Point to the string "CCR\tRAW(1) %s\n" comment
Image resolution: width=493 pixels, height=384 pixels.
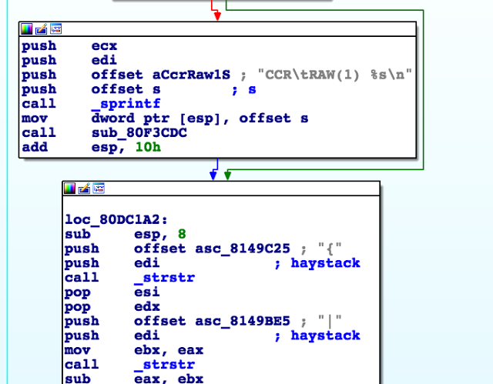click(x=337, y=75)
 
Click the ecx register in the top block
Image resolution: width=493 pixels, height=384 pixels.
click(x=104, y=46)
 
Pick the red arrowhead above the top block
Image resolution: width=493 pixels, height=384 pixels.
click(x=216, y=14)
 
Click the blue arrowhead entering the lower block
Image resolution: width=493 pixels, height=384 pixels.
click(x=213, y=175)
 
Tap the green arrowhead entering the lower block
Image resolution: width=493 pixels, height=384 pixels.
click(x=226, y=175)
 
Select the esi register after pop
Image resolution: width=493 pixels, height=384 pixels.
click(x=145, y=292)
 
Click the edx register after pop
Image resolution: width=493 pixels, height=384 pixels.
click(x=145, y=306)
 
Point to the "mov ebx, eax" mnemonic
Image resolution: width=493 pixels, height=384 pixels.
click(x=82, y=349)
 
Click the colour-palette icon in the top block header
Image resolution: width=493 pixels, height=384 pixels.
click(x=27, y=29)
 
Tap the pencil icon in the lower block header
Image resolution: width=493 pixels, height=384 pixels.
click(x=85, y=189)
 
